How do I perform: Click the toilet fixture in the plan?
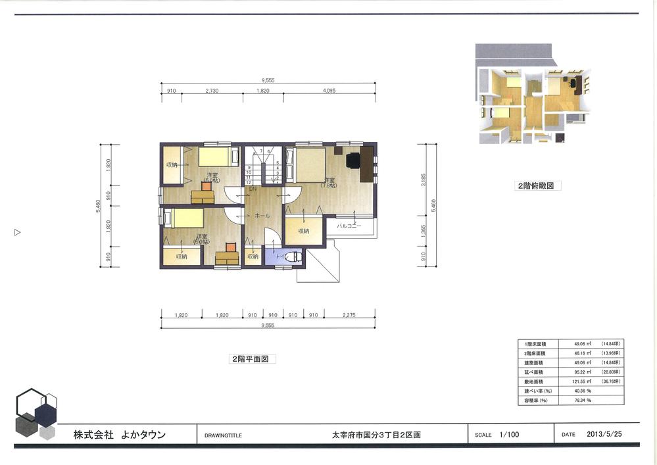(294, 257)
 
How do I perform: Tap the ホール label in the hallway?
(262, 215)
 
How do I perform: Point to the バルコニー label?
(349, 226)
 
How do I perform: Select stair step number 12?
(249, 183)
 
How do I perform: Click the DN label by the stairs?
(252, 189)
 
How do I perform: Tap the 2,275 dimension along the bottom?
(349, 315)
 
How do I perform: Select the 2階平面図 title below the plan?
(252, 359)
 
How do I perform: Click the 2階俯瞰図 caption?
(538, 186)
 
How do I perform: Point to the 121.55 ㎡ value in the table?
(579, 381)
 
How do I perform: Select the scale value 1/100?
(509, 434)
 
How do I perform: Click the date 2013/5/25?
(604, 434)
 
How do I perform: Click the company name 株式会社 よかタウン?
(120, 435)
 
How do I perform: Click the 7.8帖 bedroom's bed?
(309, 165)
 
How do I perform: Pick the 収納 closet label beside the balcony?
(303, 231)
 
